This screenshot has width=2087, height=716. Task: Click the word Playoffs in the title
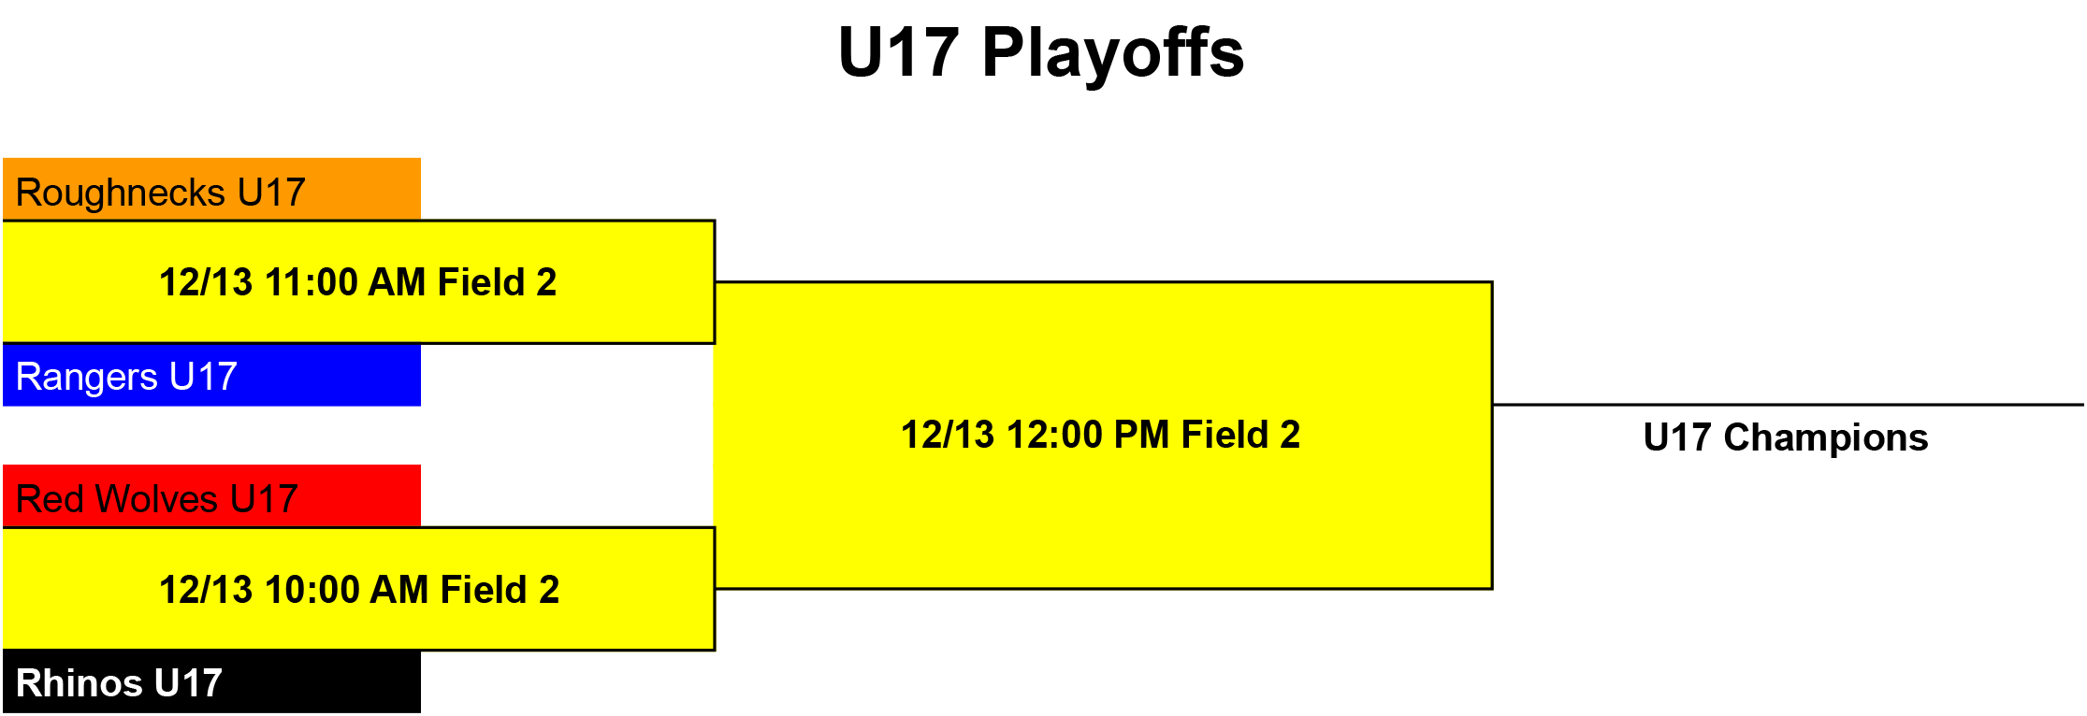[1113, 54]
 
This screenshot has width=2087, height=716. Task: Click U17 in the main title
[899, 52]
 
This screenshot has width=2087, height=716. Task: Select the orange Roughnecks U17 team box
[211, 189]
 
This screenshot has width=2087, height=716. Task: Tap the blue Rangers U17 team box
[211, 375]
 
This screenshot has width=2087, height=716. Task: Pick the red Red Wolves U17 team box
[211, 495]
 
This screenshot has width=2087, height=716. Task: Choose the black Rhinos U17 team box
[211, 681]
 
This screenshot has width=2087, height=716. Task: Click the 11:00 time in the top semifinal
[311, 282]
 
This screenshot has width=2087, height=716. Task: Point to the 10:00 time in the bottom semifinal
[312, 590]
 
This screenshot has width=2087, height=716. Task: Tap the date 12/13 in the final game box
[948, 435]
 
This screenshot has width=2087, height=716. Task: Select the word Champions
[1826, 437]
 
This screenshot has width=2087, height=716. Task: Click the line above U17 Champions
[1789, 405]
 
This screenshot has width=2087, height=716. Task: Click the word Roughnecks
[121, 193]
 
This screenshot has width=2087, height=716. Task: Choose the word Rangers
[87, 378]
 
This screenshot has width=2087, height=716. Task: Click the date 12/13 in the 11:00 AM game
[206, 282]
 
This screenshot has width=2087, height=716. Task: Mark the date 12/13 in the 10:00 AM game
[206, 590]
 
